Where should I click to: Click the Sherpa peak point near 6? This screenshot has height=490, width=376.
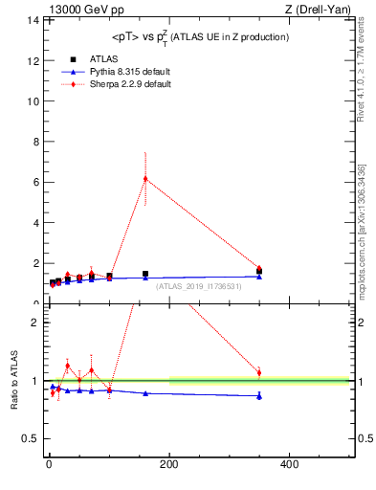click(145, 178)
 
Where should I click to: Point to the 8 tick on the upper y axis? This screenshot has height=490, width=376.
click(34, 142)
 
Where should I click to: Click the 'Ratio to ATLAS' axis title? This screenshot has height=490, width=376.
click(14, 380)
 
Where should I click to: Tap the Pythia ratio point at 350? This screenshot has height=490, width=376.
click(259, 395)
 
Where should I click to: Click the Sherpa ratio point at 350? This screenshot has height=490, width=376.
click(259, 372)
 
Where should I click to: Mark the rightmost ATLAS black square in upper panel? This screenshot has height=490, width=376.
click(259, 271)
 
